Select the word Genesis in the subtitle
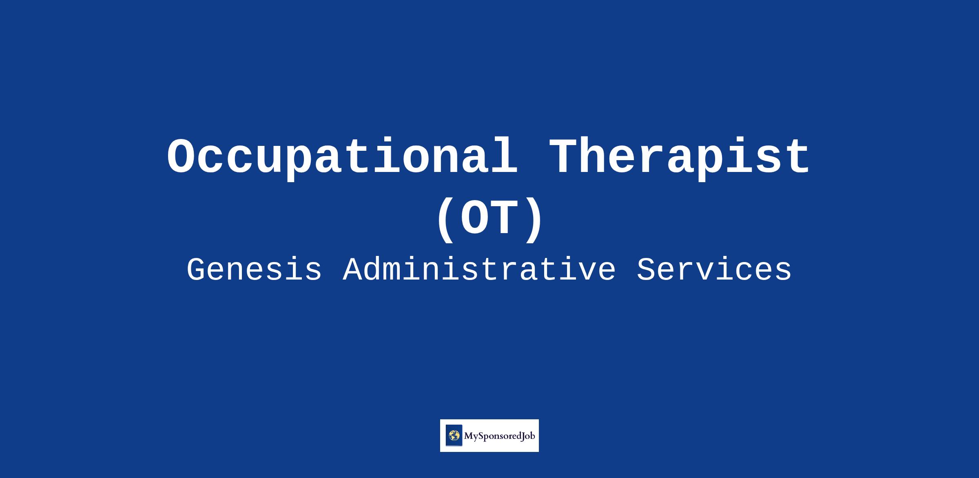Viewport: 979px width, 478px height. click(x=254, y=270)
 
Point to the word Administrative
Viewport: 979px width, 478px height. click(x=479, y=270)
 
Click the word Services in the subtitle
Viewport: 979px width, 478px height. click(x=714, y=270)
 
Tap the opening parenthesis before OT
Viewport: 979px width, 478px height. click(x=446, y=220)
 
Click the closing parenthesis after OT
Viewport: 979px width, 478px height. click(x=533, y=220)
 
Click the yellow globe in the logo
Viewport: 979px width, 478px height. click(x=454, y=436)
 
